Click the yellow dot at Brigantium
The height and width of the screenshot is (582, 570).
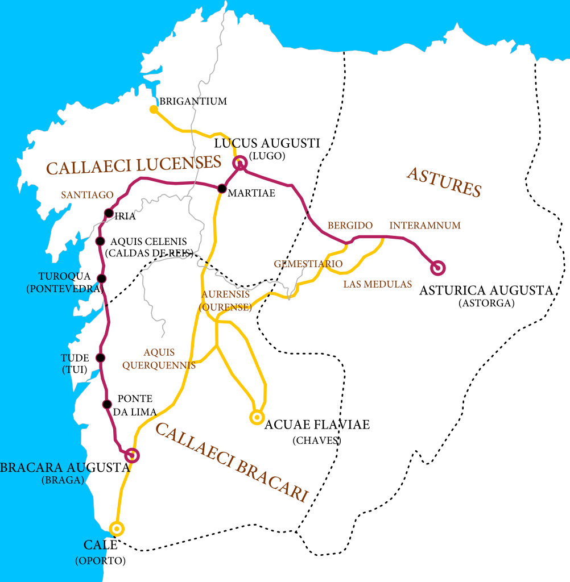[153, 109]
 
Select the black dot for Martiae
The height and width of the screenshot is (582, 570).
[222, 188]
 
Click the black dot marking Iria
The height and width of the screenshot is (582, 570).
[109, 213]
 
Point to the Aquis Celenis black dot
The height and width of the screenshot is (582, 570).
[100, 241]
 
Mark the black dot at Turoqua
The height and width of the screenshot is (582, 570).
[102, 278]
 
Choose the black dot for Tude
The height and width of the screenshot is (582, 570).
[101, 357]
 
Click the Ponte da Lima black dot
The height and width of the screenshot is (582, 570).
[106, 404]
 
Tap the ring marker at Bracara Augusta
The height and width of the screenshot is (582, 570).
[132, 455]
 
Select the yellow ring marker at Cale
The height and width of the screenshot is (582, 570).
[117, 529]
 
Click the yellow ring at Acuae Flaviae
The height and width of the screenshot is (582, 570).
[257, 418]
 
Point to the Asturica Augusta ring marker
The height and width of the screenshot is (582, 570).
[437, 267]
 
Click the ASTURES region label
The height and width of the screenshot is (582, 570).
[444, 182]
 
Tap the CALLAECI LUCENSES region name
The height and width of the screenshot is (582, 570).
[134, 166]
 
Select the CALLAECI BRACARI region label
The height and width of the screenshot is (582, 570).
[231, 463]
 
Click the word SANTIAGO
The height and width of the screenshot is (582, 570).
[87, 195]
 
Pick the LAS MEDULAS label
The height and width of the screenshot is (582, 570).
[377, 284]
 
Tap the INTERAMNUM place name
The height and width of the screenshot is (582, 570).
[424, 226]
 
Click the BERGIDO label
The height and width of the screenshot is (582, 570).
[350, 226]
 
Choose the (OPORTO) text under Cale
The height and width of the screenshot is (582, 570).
[100, 561]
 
